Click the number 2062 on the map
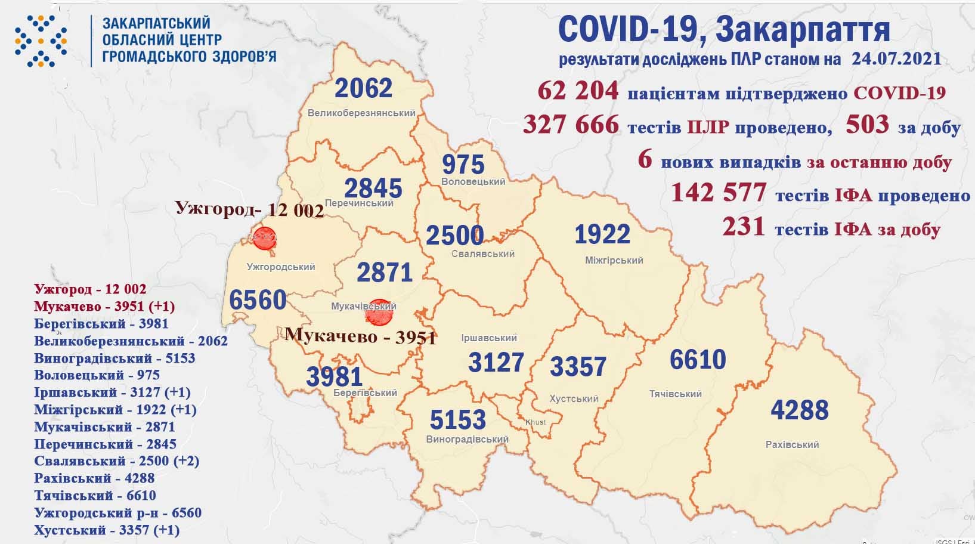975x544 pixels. click(x=363, y=88)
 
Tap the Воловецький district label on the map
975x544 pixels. click(x=473, y=181)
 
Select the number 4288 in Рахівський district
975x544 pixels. click(x=800, y=410)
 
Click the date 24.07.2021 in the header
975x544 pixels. click(x=893, y=59)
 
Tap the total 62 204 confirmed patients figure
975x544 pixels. click(x=578, y=92)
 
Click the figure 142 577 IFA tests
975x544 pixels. click(x=718, y=193)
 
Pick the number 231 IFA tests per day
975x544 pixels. click(x=743, y=228)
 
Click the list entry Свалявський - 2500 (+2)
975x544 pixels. click(x=116, y=461)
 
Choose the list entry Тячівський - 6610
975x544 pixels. click(x=95, y=495)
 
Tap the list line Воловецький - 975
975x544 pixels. click(x=97, y=375)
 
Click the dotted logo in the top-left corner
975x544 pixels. click(x=41, y=41)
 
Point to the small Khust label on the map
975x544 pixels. click(x=535, y=422)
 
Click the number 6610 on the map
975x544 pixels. click(x=698, y=360)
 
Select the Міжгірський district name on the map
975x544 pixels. click(x=614, y=260)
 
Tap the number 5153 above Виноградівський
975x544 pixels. click(x=458, y=420)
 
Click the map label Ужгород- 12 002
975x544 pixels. click(x=249, y=209)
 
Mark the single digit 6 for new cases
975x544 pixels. click(x=644, y=160)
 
